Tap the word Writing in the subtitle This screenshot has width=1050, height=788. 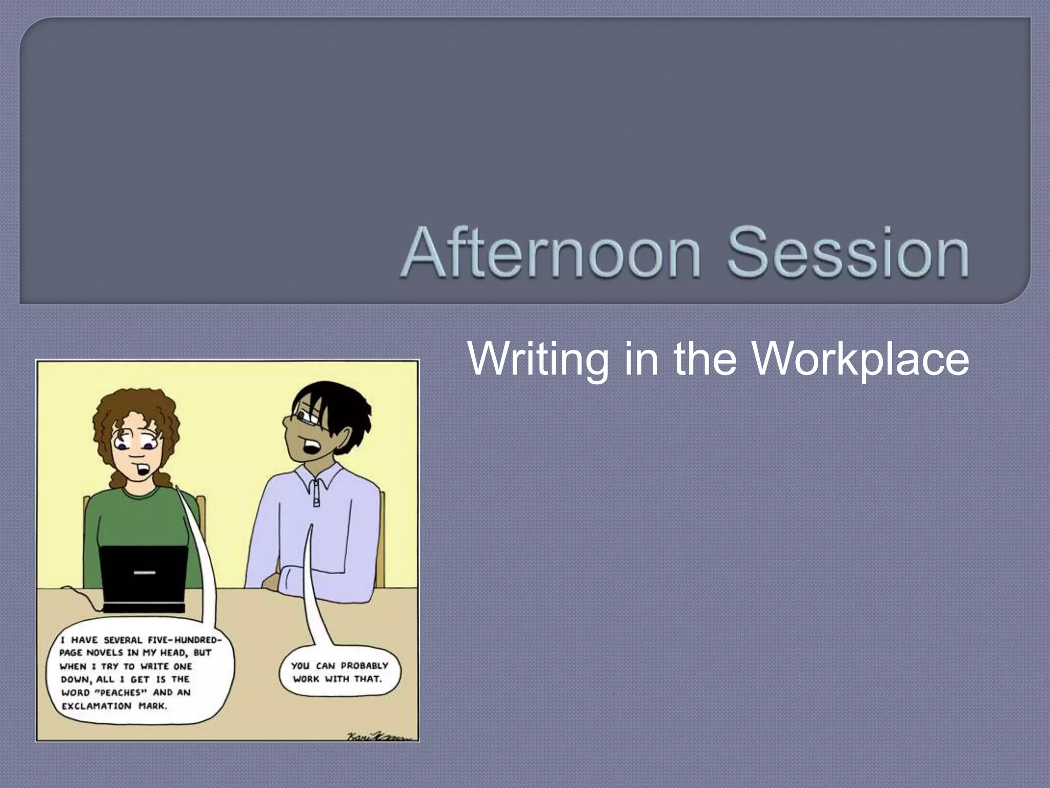pyautogui.click(x=538, y=359)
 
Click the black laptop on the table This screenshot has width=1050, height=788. pyautogui.click(x=144, y=577)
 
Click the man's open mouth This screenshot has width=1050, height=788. pyautogui.click(x=311, y=447)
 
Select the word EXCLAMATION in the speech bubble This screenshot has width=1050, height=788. pyautogui.click(x=96, y=706)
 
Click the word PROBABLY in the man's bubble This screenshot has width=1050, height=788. pyautogui.click(x=365, y=666)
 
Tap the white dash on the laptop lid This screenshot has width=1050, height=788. pyautogui.click(x=144, y=572)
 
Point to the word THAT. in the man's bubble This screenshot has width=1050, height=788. pyautogui.click(x=368, y=679)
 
